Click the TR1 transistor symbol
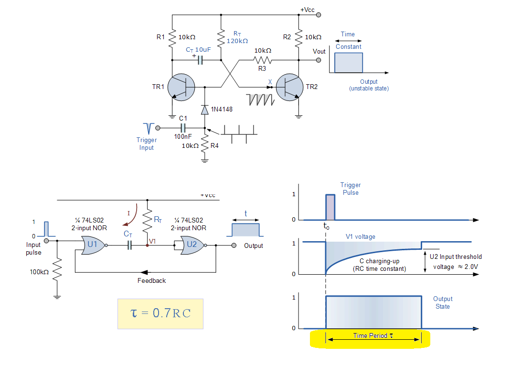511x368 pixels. [x=181, y=87]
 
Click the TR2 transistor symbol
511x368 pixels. [x=289, y=87]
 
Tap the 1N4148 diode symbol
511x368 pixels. [x=205, y=110]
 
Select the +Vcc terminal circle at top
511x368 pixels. [x=319, y=15]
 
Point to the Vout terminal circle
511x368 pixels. [x=319, y=60]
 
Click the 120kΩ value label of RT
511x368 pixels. [x=237, y=41]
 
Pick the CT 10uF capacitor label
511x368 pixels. [x=198, y=50]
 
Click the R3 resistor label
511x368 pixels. [x=262, y=68]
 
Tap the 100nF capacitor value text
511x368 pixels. [x=183, y=136]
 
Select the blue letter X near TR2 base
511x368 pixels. [x=270, y=82]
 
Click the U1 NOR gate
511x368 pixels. [x=94, y=245]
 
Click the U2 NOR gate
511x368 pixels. [x=193, y=245]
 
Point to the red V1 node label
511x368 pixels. [x=152, y=241]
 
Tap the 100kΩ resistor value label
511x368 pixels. [x=40, y=272]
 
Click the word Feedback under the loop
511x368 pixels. [x=151, y=280]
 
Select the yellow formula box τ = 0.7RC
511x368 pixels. [x=160, y=314]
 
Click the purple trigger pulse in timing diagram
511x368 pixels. [x=330, y=207]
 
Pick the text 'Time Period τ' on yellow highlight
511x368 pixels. [x=373, y=335]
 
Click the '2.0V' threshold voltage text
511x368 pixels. [x=471, y=267]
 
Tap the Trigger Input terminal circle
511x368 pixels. [x=158, y=128]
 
